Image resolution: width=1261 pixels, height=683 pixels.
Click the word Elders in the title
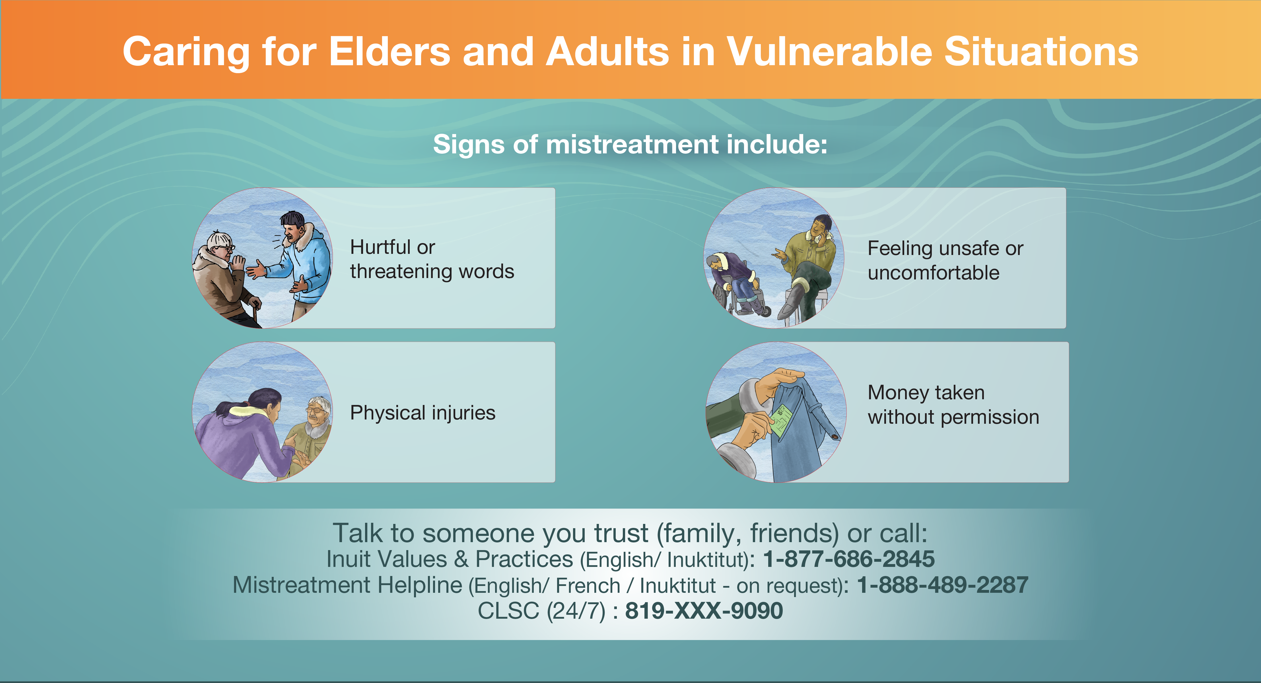point(390,52)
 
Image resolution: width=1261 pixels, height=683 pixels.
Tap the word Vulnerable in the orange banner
point(829,52)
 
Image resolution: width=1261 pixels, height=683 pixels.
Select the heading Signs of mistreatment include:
point(630,145)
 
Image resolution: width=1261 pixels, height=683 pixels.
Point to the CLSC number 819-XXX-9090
point(704,610)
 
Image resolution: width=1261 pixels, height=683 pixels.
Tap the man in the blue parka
point(296,264)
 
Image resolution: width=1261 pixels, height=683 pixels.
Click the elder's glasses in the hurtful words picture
point(224,248)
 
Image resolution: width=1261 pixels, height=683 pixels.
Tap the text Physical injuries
point(423,413)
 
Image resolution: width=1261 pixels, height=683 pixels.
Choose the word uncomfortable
point(933,272)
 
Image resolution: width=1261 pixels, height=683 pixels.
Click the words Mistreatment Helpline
point(347,585)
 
